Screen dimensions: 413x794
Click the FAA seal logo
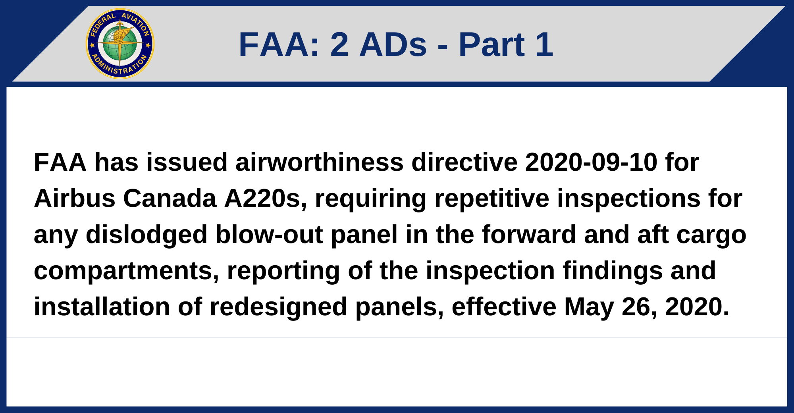coord(120,44)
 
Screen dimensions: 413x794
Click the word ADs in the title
coord(393,44)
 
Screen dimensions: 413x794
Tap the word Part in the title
coord(491,44)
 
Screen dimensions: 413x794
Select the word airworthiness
coord(319,162)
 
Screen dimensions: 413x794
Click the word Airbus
coord(75,199)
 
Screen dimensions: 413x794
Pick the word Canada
coord(170,199)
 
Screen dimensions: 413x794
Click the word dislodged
coord(146,235)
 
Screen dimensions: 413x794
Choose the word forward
coord(529,235)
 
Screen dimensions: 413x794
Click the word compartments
coord(126,271)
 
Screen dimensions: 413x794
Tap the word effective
coord(504,307)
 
